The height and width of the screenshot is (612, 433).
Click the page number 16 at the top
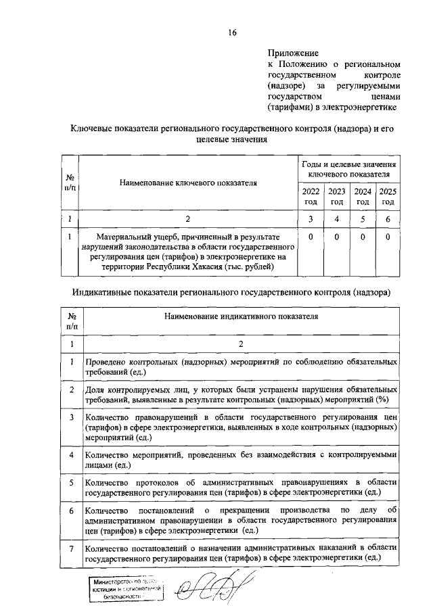(232, 32)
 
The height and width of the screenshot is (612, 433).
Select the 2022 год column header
(311, 196)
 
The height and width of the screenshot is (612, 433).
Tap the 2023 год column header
(336, 196)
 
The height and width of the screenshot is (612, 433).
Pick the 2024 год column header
(363, 196)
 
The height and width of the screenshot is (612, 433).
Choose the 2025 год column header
(388, 196)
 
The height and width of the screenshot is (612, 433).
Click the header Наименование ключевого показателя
(189, 183)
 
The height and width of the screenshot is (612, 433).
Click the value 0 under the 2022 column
(311, 237)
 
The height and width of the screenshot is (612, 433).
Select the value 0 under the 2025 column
(388, 237)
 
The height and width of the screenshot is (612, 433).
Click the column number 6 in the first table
(388, 218)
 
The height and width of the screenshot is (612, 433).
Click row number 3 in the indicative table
(71, 417)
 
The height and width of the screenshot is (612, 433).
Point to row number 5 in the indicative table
(71, 482)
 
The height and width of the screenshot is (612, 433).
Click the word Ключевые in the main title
(95, 128)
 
